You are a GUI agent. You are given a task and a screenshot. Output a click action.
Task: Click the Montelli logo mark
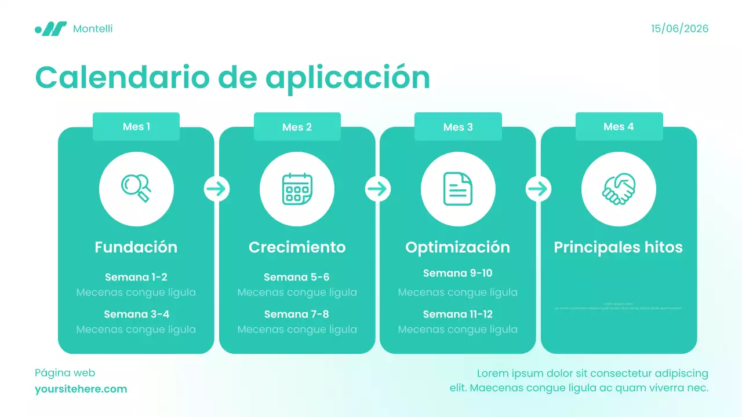pyautogui.click(x=51, y=28)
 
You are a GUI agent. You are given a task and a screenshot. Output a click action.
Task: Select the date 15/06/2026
pyautogui.click(x=679, y=28)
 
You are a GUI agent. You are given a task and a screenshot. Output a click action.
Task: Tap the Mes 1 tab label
pyautogui.click(x=136, y=126)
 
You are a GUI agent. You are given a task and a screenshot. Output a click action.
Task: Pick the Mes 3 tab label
pyautogui.click(x=458, y=127)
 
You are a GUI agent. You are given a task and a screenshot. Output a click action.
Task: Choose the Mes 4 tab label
pyautogui.click(x=619, y=126)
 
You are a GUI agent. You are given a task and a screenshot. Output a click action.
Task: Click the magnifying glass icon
pyautogui.click(x=136, y=189)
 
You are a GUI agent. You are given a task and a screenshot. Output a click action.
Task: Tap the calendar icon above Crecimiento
pyautogui.click(x=297, y=189)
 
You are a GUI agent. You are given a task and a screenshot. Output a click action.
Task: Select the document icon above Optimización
pyautogui.click(x=458, y=189)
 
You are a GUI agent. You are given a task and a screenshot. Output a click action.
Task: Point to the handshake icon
pyautogui.click(x=619, y=189)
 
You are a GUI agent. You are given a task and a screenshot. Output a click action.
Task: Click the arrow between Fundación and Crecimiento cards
pyautogui.click(x=217, y=189)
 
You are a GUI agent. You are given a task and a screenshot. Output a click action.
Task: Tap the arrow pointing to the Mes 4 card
pyautogui.click(x=539, y=189)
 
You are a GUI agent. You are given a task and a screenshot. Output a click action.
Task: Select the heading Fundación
pyautogui.click(x=136, y=247)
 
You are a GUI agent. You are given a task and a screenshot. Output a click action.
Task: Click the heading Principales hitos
pyautogui.click(x=619, y=247)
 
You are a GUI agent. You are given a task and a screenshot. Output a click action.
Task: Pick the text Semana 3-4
pyautogui.click(x=136, y=314)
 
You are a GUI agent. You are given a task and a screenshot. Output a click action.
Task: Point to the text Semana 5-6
pyautogui.click(x=297, y=277)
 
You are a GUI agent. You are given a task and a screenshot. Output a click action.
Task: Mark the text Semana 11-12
pyautogui.click(x=458, y=314)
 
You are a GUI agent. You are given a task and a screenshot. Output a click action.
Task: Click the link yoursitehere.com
pyautogui.click(x=81, y=389)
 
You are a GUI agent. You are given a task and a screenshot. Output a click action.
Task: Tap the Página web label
pyautogui.click(x=65, y=373)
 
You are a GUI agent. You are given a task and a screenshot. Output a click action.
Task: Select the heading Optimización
pyautogui.click(x=458, y=247)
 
